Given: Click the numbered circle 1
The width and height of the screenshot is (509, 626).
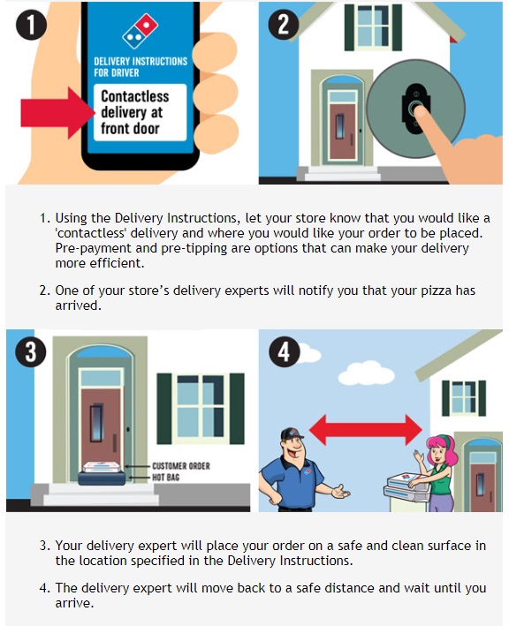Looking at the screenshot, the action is click(31, 24).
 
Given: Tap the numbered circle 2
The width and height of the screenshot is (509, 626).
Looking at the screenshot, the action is click(284, 24).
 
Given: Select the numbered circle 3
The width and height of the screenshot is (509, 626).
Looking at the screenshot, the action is click(31, 351).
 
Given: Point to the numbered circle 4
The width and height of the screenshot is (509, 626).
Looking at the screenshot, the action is click(284, 351).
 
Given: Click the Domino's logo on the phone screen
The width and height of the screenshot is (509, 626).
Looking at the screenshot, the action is click(141, 32).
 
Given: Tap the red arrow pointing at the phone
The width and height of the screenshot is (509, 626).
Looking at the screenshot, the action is click(57, 113).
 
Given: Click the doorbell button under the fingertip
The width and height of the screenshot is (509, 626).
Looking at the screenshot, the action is click(415, 109).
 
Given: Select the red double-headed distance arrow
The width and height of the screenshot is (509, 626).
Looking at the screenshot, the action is click(366, 430).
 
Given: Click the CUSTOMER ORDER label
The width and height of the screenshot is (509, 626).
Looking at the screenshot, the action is click(181, 466).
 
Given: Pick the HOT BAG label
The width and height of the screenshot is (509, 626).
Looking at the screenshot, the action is click(166, 477).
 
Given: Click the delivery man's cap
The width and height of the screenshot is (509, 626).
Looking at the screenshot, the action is click(292, 434).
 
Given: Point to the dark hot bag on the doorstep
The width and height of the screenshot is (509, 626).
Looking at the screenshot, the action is click(102, 479).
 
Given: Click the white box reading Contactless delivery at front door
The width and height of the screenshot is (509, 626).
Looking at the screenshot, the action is click(141, 112).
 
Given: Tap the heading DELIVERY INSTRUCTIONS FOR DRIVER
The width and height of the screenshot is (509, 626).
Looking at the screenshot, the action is click(141, 67).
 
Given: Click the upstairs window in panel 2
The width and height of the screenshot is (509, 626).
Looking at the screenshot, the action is click(373, 26).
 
